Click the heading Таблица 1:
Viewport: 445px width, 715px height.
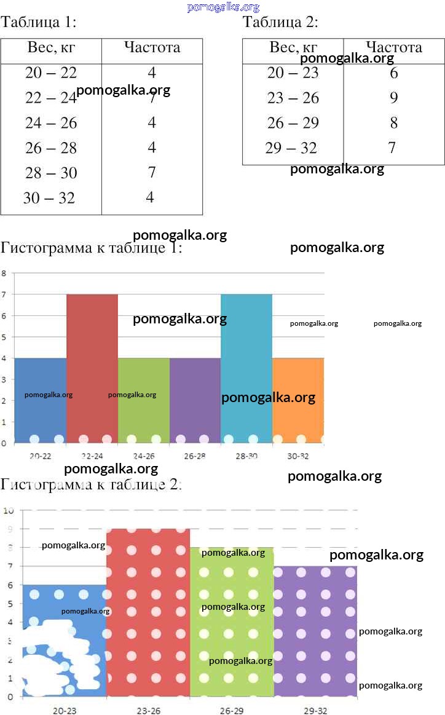tap(39, 23)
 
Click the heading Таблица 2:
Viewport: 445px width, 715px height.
tap(280, 23)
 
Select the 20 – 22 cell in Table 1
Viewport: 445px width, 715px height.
tap(51, 73)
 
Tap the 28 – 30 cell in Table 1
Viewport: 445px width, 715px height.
tap(51, 173)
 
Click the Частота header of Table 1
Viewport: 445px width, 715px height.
tap(152, 48)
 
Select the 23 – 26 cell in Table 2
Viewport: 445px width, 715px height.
tap(293, 98)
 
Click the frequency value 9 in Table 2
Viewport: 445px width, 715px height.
tap(393, 98)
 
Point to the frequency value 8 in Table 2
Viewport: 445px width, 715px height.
tap(393, 123)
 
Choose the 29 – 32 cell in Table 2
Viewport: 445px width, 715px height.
tap(291, 148)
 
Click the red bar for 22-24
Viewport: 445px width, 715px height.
tap(92, 369)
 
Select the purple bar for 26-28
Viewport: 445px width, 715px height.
tap(195, 400)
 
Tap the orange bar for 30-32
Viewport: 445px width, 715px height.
tap(298, 400)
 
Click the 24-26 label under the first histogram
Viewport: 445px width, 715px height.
tap(143, 456)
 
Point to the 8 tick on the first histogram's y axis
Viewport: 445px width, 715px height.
tap(4, 273)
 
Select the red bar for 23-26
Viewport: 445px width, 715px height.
tap(148, 615)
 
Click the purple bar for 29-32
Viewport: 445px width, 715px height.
tap(315, 633)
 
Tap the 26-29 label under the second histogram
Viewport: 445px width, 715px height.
tap(232, 711)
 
